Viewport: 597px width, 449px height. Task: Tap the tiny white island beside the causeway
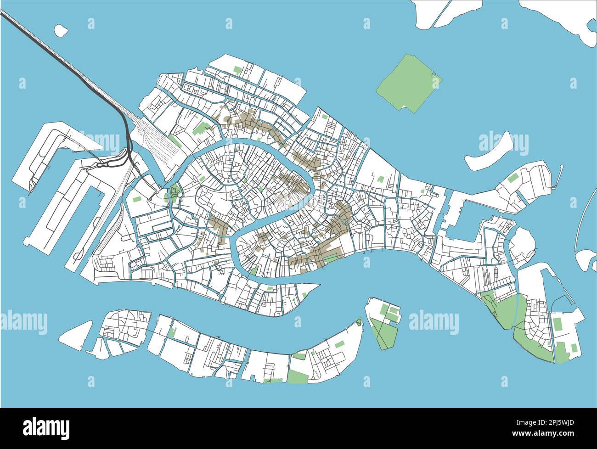tap(61, 30)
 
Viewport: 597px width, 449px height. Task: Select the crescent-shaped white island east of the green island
tap(488, 152)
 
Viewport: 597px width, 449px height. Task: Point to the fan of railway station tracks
tap(158, 138)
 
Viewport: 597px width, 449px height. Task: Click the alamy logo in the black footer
tap(46, 427)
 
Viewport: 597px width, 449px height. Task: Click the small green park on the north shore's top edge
tap(237, 70)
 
